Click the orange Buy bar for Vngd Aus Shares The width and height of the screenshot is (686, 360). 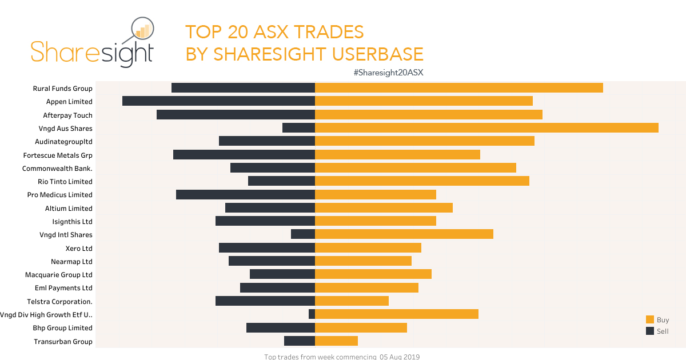point(486,128)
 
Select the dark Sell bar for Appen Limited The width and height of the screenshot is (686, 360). point(218,101)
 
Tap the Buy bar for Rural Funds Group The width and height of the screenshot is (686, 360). point(459,88)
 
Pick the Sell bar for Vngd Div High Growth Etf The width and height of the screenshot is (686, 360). point(312,314)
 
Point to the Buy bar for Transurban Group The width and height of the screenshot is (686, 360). point(336,341)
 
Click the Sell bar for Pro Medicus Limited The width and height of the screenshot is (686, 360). point(245,195)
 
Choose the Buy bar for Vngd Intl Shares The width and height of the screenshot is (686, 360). point(404,234)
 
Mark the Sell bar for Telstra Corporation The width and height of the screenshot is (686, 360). point(265,301)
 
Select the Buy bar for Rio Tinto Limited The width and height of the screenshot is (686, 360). point(422,181)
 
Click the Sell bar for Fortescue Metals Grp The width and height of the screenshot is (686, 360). point(244,155)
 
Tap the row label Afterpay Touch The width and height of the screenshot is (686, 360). point(67,115)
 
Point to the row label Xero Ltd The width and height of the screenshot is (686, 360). point(79,249)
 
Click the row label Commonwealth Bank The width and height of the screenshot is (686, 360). point(57,169)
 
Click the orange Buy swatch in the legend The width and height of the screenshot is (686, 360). point(650,320)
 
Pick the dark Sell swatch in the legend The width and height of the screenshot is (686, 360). point(650,331)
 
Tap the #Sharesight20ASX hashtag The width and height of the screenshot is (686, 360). point(388,73)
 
